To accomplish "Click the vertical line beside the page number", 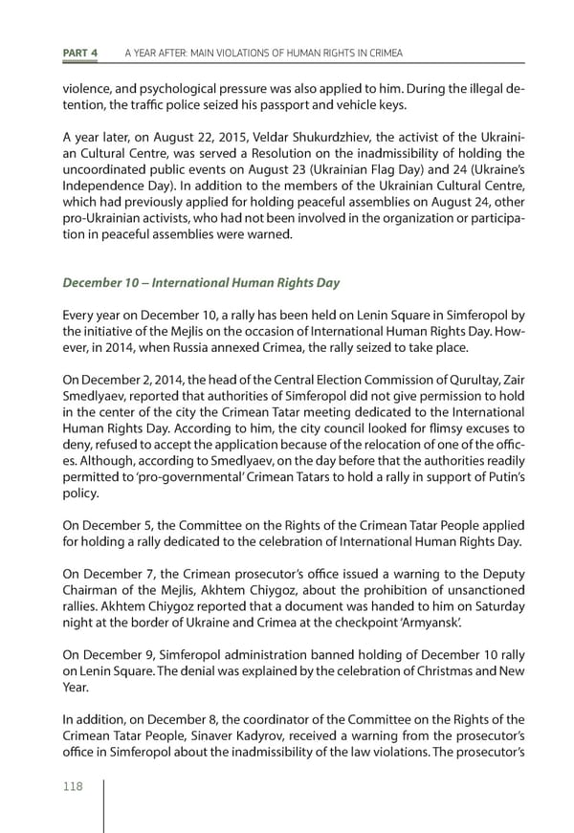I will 103,803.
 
